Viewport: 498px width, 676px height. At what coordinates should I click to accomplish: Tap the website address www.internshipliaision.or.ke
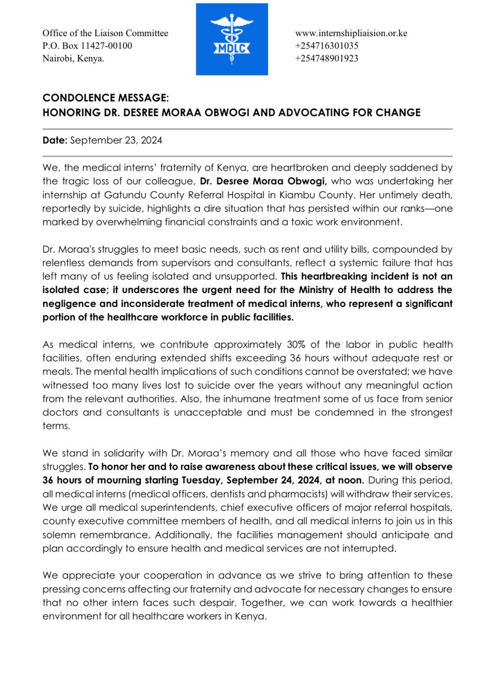point(351,33)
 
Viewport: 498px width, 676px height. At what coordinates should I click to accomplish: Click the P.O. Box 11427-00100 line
point(87,46)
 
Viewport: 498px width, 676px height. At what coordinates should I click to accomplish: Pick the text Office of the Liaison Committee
point(105,33)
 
